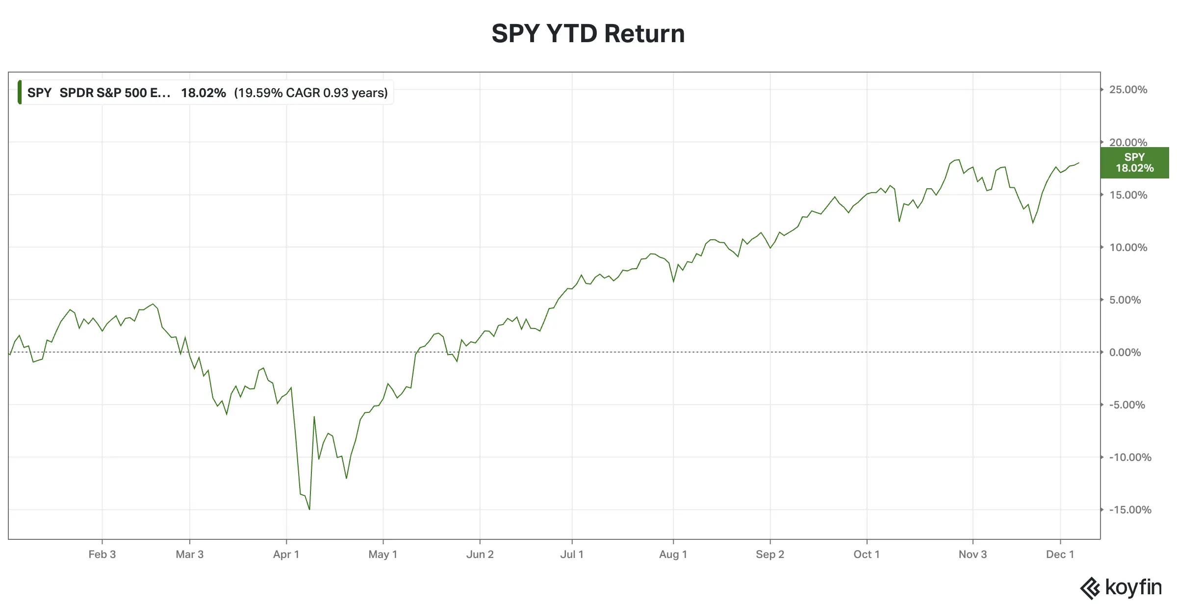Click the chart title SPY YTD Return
pyautogui.click(x=588, y=34)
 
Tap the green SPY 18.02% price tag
pyautogui.click(x=1134, y=163)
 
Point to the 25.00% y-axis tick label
pyautogui.click(x=1128, y=90)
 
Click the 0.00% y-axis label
pyautogui.click(x=1125, y=353)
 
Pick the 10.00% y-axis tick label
pyautogui.click(x=1128, y=248)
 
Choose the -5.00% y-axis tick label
pyautogui.click(x=1127, y=405)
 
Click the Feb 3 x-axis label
pyautogui.click(x=102, y=555)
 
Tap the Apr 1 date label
pyautogui.click(x=286, y=555)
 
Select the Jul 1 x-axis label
pyautogui.click(x=572, y=555)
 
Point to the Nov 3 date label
pyautogui.click(x=972, y=555)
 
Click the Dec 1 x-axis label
pyautogui.click(x=1060, y=555)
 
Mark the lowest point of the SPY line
pyautogui.click(x=309, y=509)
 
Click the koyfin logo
pyautogui.click(x=1121, y=588)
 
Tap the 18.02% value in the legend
pyautogui.click(x=204, y=93)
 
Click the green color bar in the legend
pyautogui.click(x=20, y=92)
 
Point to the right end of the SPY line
pyautogui.click(x=1078, y=163)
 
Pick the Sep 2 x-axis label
pyautogui.click(x=770, y=555)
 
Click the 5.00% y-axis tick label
pyautogui.click(x=1125, y=300)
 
